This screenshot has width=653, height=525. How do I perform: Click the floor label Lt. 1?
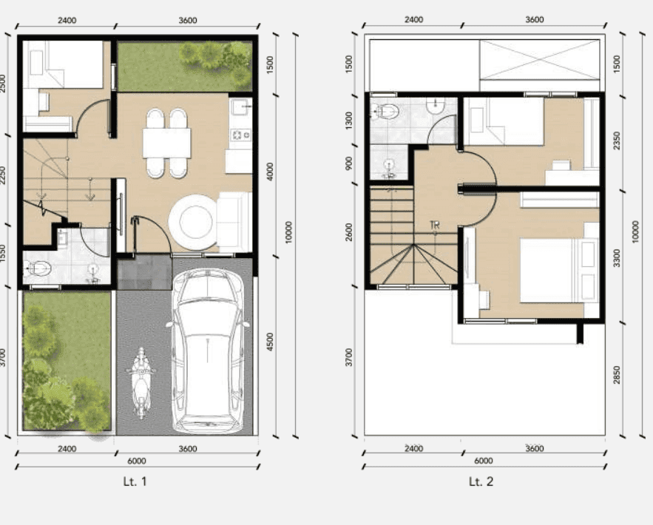[135, 481]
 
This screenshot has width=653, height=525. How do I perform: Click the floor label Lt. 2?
[481, 481]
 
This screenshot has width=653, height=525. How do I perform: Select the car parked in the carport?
[209, 350]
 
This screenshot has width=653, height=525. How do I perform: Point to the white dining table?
[166, 143]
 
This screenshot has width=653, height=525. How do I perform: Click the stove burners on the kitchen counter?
[240, 135]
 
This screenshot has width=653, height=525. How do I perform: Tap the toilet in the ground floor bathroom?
[38, 268]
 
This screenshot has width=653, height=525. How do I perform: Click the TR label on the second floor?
[435, 226]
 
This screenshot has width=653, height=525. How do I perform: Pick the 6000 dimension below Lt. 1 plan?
[137, 461]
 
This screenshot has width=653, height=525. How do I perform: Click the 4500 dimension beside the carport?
[270, 342]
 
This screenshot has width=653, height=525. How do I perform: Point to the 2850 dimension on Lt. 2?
[617, 375]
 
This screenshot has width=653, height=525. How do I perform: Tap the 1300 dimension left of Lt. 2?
[349, 121]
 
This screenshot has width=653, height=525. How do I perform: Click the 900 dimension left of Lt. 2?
[349, 163]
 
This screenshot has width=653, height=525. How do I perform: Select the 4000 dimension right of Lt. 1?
[270, 172]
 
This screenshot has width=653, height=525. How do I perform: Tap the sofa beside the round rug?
[234, 222]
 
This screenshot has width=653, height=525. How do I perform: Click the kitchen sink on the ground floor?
[240, 107]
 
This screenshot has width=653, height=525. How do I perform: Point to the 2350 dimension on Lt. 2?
[617, 140]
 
